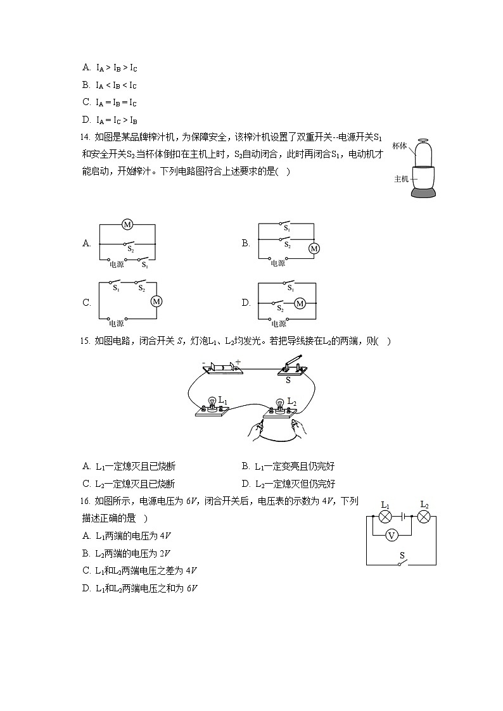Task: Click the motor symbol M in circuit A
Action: click(127, 225)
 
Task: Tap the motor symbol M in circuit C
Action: click(156, 301)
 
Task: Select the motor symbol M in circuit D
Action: click(300, 304)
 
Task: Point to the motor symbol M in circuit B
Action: click(314, 249)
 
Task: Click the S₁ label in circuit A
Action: click(145, 266)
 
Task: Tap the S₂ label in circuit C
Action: click(142, 289)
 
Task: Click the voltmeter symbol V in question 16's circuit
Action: click(392, 536)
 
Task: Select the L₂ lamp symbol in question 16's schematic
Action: click(424, 517)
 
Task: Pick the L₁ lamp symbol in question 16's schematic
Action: click(385, 517)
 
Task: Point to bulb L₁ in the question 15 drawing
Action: click(212, 405)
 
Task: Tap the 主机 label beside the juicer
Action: click(402, 179)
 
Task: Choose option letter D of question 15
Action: click(246, 484)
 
